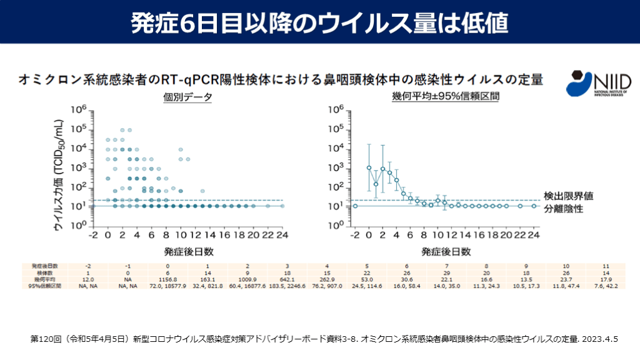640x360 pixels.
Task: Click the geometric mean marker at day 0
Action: pos(369,167)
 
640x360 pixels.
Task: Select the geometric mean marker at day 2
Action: pos(382,169)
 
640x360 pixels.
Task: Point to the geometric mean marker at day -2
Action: pos(355,206)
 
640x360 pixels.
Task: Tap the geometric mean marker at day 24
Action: pos(534,206)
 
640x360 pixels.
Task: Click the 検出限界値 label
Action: pos(568,196)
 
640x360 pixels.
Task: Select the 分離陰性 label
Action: pos(563,209)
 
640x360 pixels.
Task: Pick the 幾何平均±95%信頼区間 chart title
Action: pos(445,97)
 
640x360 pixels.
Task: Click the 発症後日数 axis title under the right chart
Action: pos(445,251)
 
